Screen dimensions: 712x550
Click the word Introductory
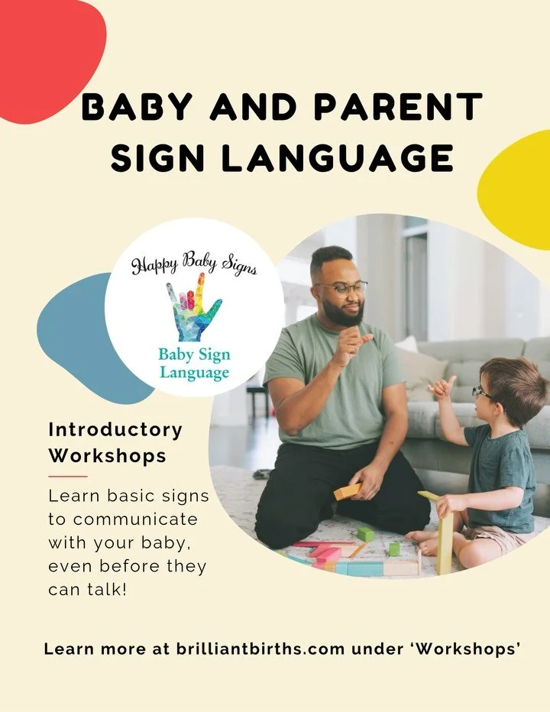click(115, 429)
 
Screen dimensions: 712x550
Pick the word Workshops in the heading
click(108, 455)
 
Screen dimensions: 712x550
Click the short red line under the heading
click(68, 476)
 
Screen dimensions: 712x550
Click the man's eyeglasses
click(341, 288)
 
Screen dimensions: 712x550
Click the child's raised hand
click(442, 387)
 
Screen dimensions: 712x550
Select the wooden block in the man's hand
click(347, 491)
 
